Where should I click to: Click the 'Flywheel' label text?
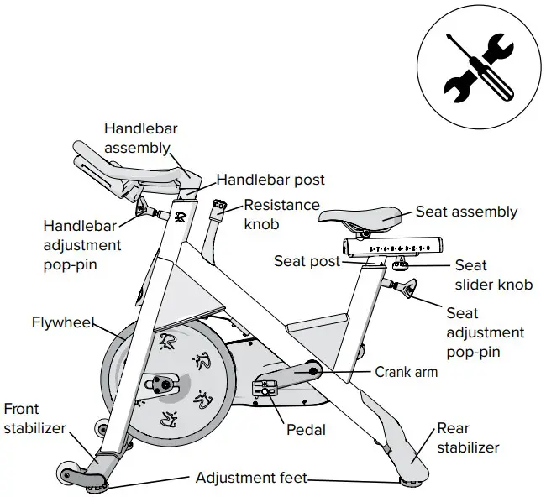point(62,322)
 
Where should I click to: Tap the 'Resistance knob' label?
point(281,214)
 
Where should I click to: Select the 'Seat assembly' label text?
point(466,212)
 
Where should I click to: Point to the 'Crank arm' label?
point(406,371)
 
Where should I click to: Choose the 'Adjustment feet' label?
point(251,478)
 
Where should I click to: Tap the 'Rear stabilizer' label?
point(467,438)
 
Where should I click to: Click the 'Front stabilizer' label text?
point(34,418)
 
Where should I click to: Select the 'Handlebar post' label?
point(270,179)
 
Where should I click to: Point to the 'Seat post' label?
point(307,261)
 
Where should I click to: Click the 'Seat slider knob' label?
point(493,275)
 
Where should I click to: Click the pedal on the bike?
point(265,390)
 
